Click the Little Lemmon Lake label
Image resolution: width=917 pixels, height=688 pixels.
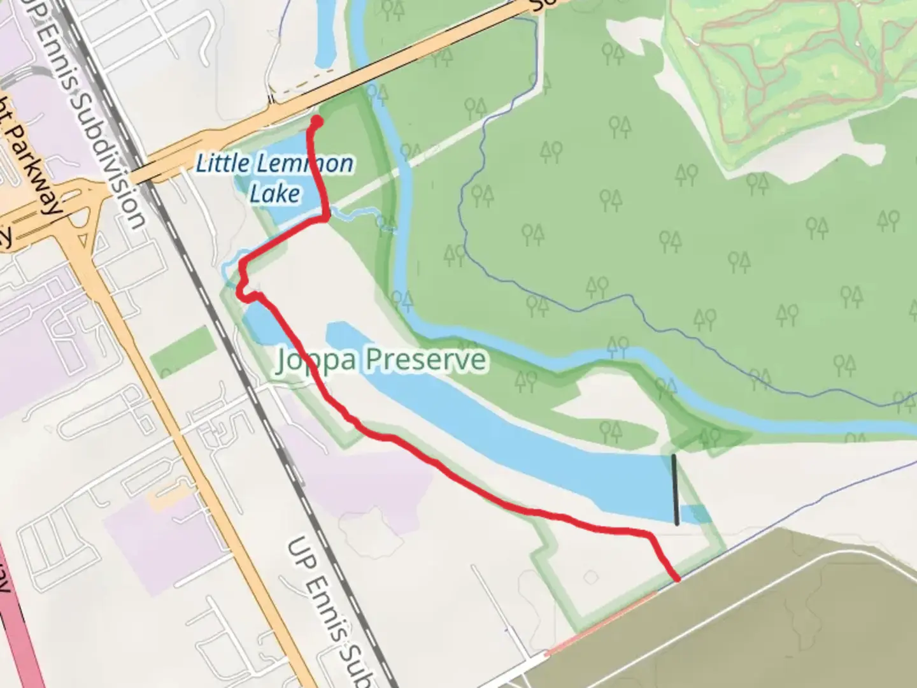[274, 164]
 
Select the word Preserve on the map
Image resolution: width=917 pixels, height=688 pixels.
[425, 360]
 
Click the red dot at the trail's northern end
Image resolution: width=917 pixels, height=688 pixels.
[316, 120]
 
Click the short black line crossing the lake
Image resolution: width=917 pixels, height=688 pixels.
[675, 489]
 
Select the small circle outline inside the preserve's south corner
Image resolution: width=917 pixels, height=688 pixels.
[592, 577]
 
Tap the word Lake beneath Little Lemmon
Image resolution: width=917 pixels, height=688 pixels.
[275, 192]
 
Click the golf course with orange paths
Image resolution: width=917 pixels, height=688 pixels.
[790, 64]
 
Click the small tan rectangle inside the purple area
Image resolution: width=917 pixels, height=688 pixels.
[169, 499]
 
